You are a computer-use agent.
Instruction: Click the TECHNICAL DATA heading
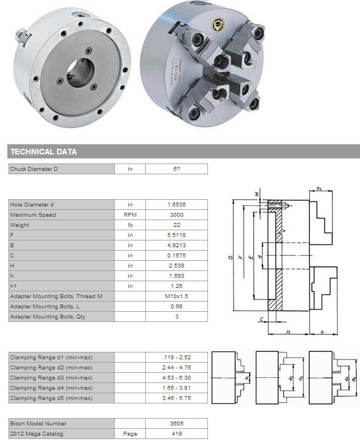pos(44,152)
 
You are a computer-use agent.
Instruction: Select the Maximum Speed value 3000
pos(177,215)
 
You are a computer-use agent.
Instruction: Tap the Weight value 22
pos(177,225)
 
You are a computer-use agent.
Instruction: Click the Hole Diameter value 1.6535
pos(177,205)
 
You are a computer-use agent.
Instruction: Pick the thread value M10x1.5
pos(177,296)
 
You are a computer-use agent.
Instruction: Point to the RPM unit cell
pos(130,215)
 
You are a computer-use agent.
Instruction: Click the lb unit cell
pos(130,225)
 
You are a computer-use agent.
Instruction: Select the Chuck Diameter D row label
pos(34,169)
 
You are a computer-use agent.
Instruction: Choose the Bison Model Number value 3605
pos(177,423)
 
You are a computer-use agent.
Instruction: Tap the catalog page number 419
pos(177,433)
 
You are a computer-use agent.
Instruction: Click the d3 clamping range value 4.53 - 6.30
pos(177,377)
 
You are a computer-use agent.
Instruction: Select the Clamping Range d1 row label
pos(51,357)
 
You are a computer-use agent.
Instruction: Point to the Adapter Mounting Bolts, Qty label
pos(47,316)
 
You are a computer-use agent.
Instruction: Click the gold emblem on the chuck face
pos(218,25)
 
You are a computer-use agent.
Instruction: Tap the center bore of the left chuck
pos(80,73)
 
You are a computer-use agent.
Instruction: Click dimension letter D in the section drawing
pos(231,257)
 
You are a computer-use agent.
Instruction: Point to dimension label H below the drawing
pos(288,332)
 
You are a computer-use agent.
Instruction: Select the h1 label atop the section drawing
pos(319,188)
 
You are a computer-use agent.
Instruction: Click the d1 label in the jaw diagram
pos(246,377)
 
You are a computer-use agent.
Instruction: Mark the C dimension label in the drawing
pos(262,319)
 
